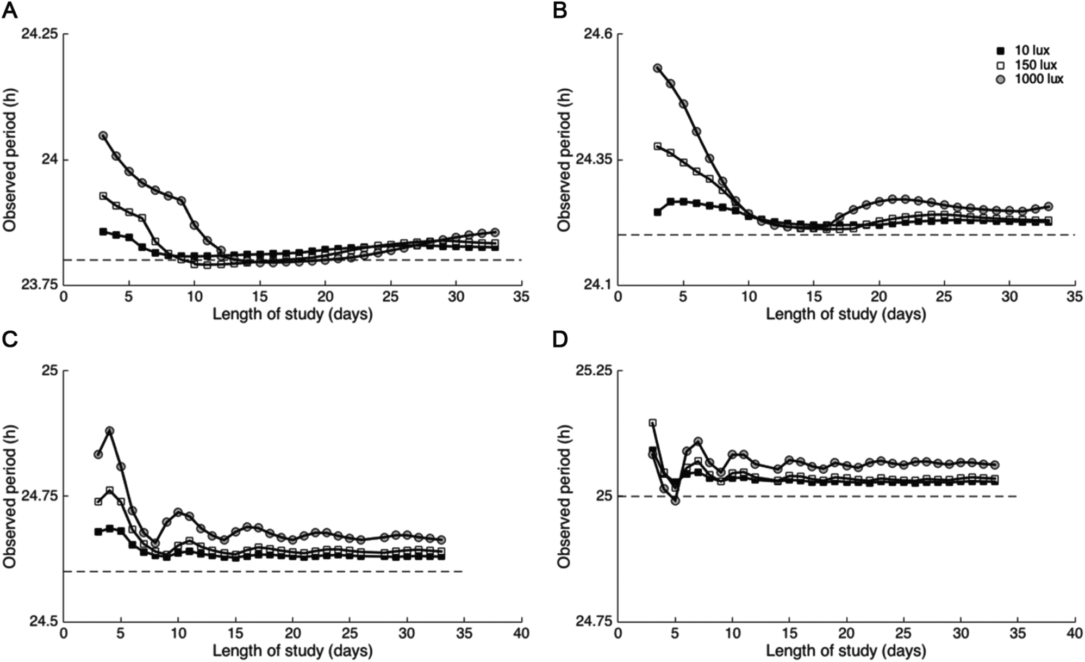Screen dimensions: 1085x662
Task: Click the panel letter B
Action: click(560, 10)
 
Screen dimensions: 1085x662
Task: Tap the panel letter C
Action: click(10, 339)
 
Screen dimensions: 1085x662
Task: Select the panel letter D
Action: click(560, 339)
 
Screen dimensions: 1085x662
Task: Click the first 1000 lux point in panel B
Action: click(657, 68)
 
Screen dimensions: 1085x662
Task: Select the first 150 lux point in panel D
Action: click(652, 423)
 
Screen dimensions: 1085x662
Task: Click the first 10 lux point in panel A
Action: click(103, 232)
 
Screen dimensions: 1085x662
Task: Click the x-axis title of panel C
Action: click(292, 651)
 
